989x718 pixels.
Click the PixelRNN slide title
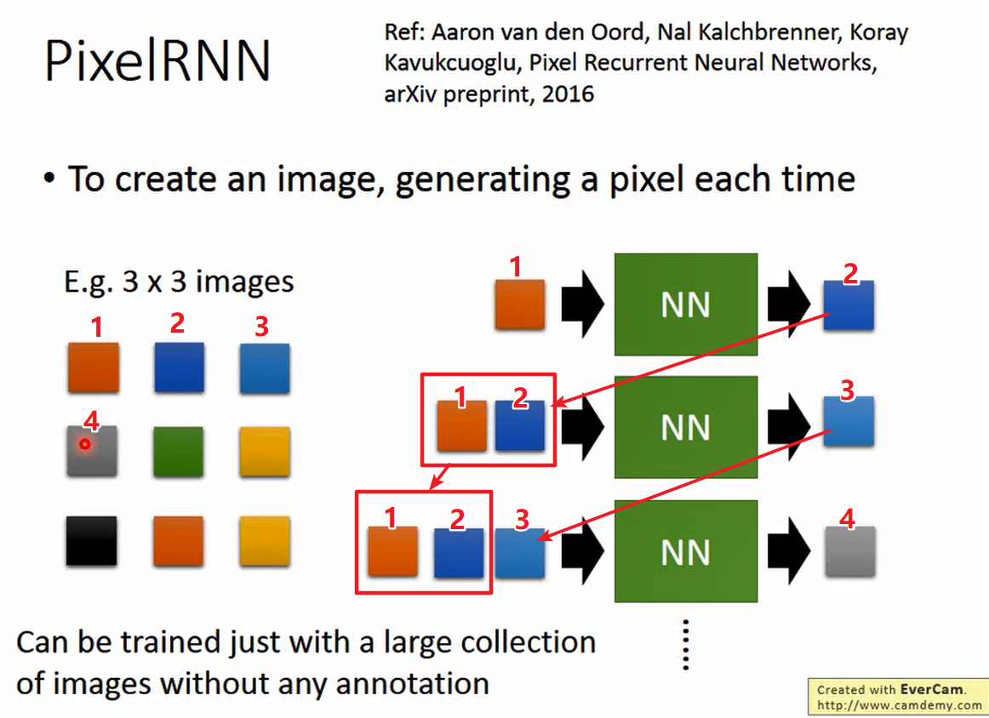click(x=157, y=61)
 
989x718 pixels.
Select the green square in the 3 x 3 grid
click(x=178, y=451)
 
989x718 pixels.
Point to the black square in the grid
click(x=92, y=540)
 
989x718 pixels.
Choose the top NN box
click(x=685, y=304)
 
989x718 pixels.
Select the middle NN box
click(x=685, y=427)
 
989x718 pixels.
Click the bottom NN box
click(x=685, y=552)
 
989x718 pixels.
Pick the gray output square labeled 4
click(x=849, y=551)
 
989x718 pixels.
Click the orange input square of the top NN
click(x=520, y=305)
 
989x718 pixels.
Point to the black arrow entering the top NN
click(x=581, y=304)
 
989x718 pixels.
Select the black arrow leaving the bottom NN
click(x=788, y=551)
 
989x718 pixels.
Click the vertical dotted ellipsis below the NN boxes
click(x=685, y=644)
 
